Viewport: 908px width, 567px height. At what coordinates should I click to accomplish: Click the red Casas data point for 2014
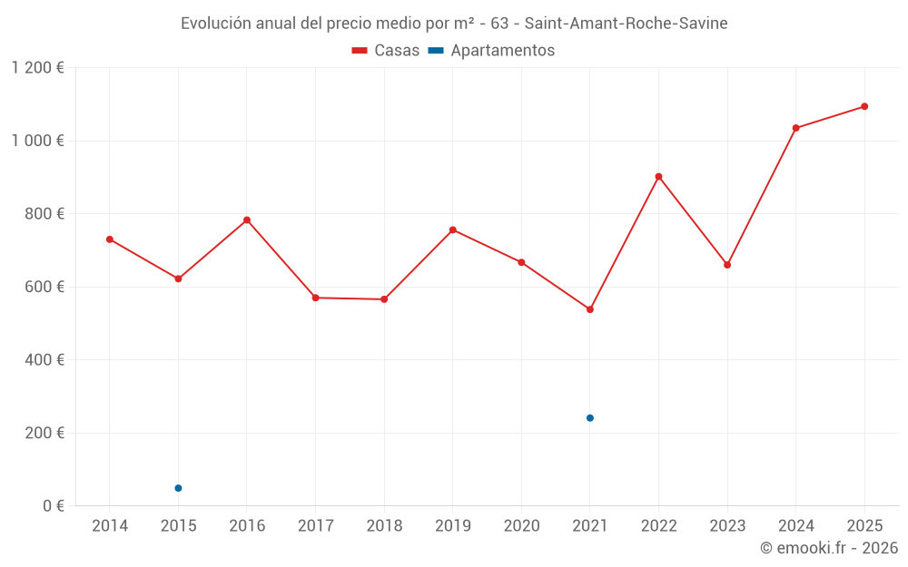(110, 240)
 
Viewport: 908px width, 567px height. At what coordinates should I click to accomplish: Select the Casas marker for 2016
(247, 220)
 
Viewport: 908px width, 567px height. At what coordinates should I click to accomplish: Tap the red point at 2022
(658, 177)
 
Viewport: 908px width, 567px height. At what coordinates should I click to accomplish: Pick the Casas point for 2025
(864, 106)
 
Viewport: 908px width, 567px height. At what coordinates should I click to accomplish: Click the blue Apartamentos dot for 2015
(178, 488)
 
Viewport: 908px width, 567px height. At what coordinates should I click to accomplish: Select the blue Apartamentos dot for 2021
(590, 418)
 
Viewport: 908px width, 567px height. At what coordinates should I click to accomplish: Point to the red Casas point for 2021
(590, 309)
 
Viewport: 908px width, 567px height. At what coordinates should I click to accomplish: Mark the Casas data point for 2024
(795, 128)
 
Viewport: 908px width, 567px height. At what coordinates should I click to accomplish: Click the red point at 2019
(453, 230)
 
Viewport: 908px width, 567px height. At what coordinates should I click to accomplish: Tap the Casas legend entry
(386, 51)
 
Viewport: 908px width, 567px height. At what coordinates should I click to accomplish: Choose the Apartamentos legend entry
(491, 51)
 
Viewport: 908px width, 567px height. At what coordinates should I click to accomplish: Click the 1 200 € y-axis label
(38, 68)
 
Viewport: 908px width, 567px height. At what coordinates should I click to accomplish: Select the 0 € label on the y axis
(52, 505)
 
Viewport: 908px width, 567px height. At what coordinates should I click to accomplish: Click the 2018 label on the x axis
(384, 526)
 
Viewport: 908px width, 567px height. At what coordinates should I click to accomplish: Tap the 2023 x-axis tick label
(727, 526)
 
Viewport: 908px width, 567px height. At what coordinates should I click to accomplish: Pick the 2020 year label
(521, 526)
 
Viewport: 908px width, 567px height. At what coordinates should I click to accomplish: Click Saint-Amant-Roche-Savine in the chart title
(626, 24)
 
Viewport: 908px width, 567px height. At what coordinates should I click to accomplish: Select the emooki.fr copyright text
(828, 548)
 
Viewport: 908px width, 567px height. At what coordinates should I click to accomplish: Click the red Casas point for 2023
(727, 265)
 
